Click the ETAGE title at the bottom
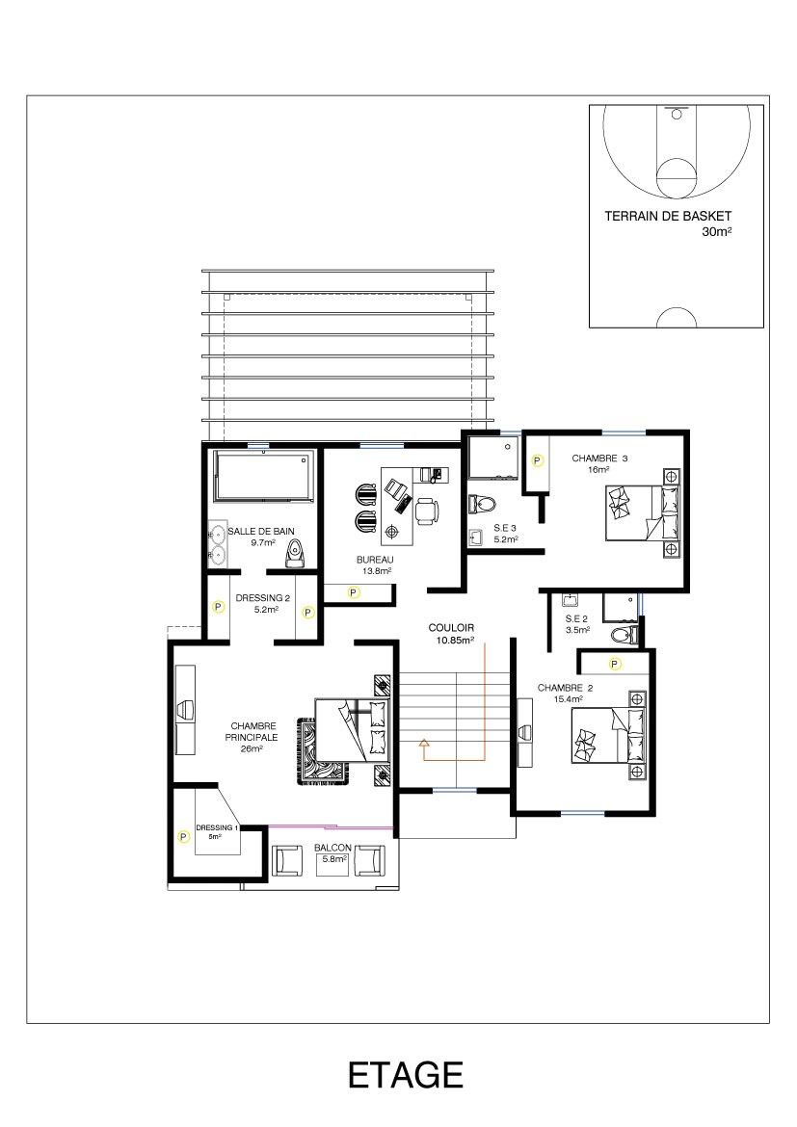pos(405,1075)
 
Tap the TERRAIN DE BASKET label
pos(668,216)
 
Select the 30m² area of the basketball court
pos(716,231)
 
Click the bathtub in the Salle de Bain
pos(263,476)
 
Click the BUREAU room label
pos(375,560)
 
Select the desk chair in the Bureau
pos(427,510)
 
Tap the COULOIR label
pos(451,627)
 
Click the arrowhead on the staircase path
pos(423,744)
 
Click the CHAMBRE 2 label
pos(566,688)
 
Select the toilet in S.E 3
pos(481,503)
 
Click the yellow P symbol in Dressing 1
pos(183,837)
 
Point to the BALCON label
pos(332,848)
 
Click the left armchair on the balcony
pos(288,860)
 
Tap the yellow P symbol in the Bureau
pos(353,592)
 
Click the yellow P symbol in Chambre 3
pos(537,460)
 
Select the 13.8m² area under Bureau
pos(377,571)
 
